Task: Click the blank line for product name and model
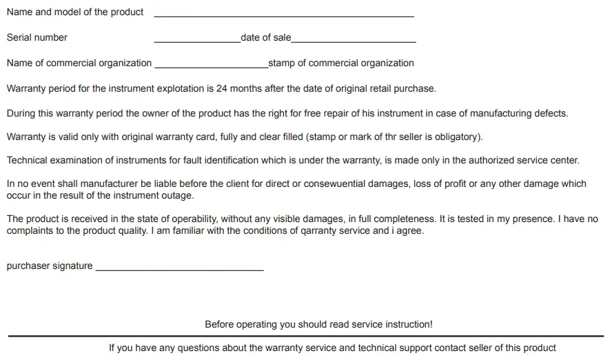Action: pos(284,15)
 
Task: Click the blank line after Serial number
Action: pos(197,41)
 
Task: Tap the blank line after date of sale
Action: pos(354,41)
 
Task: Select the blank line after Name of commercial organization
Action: pos(212,67)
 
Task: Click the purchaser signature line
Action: pos(179,270)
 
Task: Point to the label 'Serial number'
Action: pos(37,37)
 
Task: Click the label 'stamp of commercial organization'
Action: pos(341,63)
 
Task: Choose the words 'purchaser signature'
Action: pos(50,266)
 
